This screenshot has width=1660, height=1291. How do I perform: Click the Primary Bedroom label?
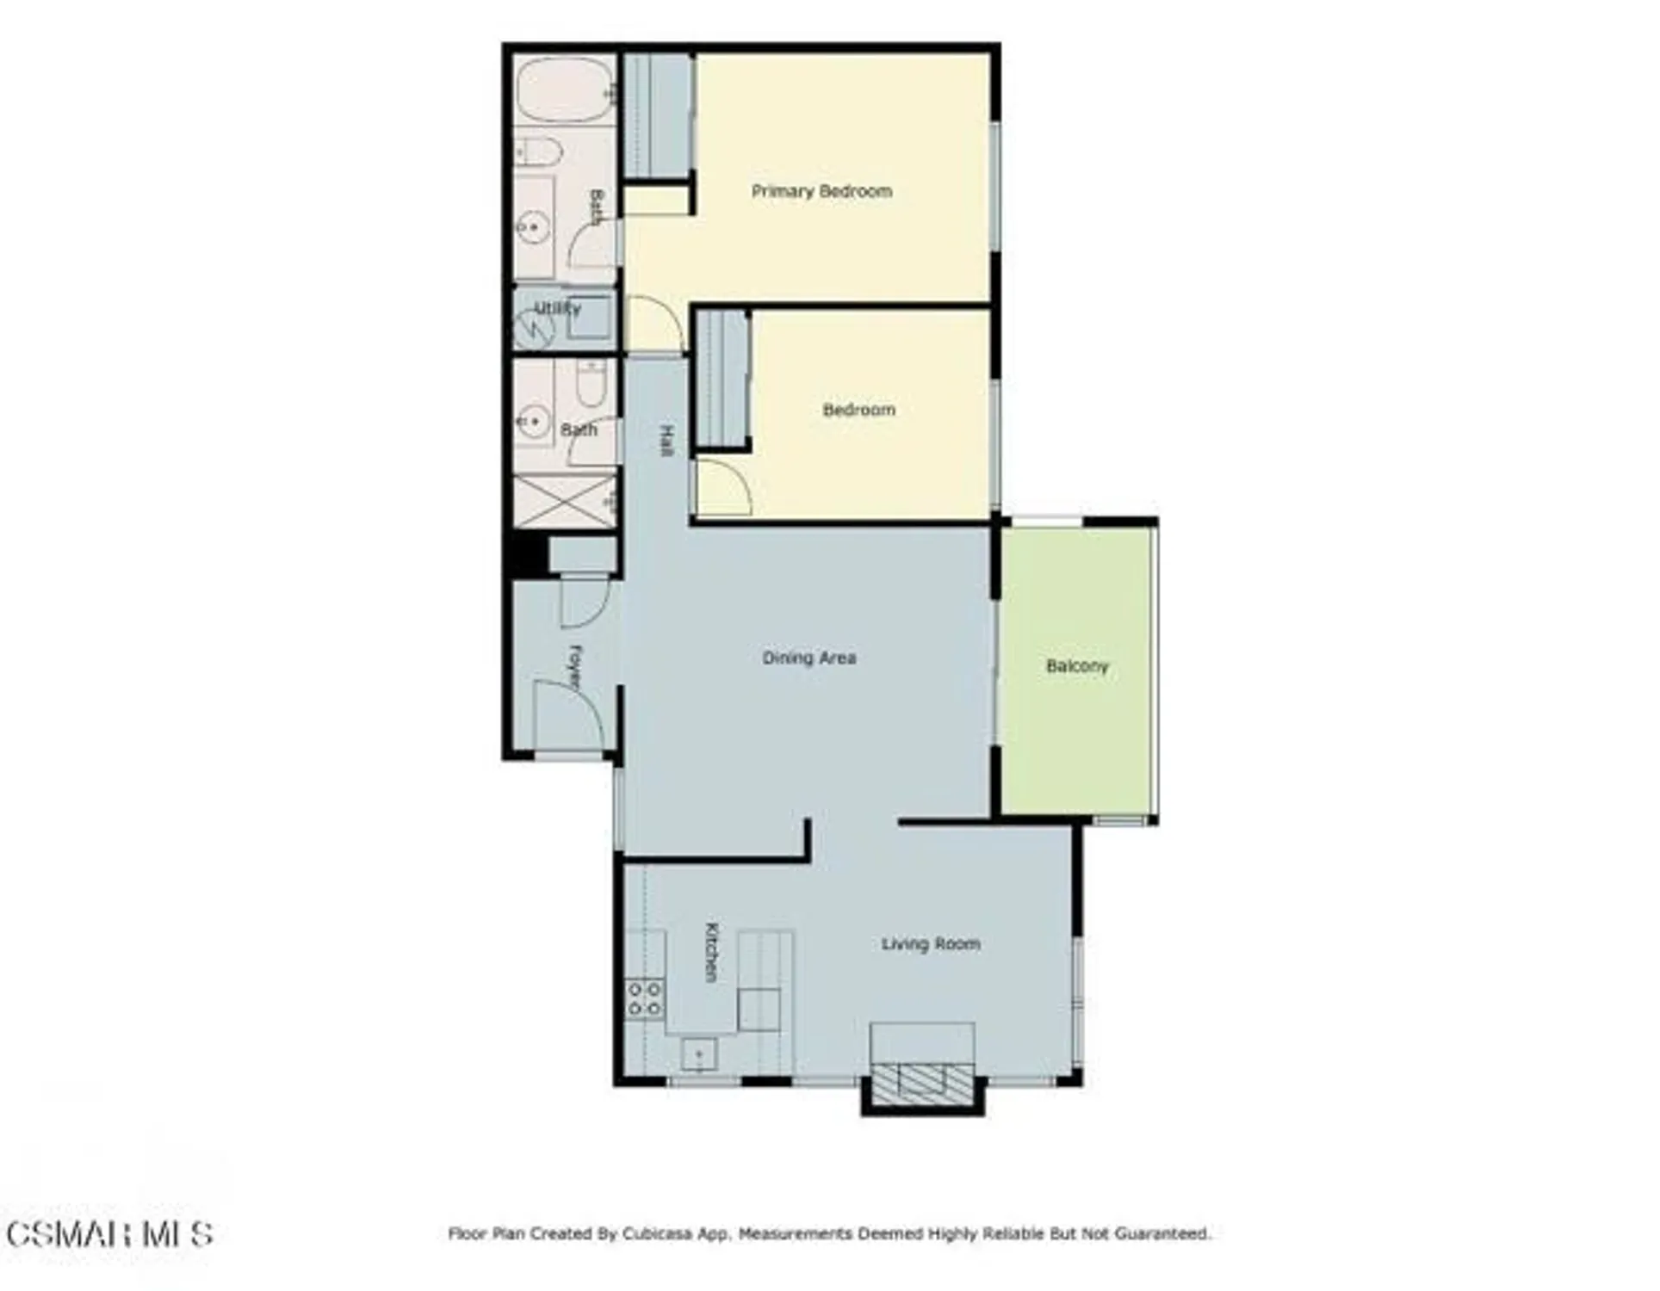(821, 191)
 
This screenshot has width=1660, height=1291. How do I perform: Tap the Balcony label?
(1076, 666)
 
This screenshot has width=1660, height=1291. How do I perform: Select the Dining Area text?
(808, 658)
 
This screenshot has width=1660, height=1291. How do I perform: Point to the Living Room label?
(930, 944)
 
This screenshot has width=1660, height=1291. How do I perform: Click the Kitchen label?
(711, 952)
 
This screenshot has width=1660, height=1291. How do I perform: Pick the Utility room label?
(557, 308)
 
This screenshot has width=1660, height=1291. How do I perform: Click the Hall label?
(666, 440)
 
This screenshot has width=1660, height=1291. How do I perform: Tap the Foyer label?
(575, 666)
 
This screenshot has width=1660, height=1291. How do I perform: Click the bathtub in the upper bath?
(564, 90)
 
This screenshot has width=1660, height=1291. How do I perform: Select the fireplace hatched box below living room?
(922, 1080)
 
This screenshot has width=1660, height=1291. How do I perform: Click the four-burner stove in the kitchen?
(644, 998)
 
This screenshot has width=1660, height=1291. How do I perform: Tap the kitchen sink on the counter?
(698, 1053)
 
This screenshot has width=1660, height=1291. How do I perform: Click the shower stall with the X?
(565, 499)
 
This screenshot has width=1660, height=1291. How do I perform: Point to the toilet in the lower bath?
(591, 384)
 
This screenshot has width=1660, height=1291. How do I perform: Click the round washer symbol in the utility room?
(534, 327)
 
